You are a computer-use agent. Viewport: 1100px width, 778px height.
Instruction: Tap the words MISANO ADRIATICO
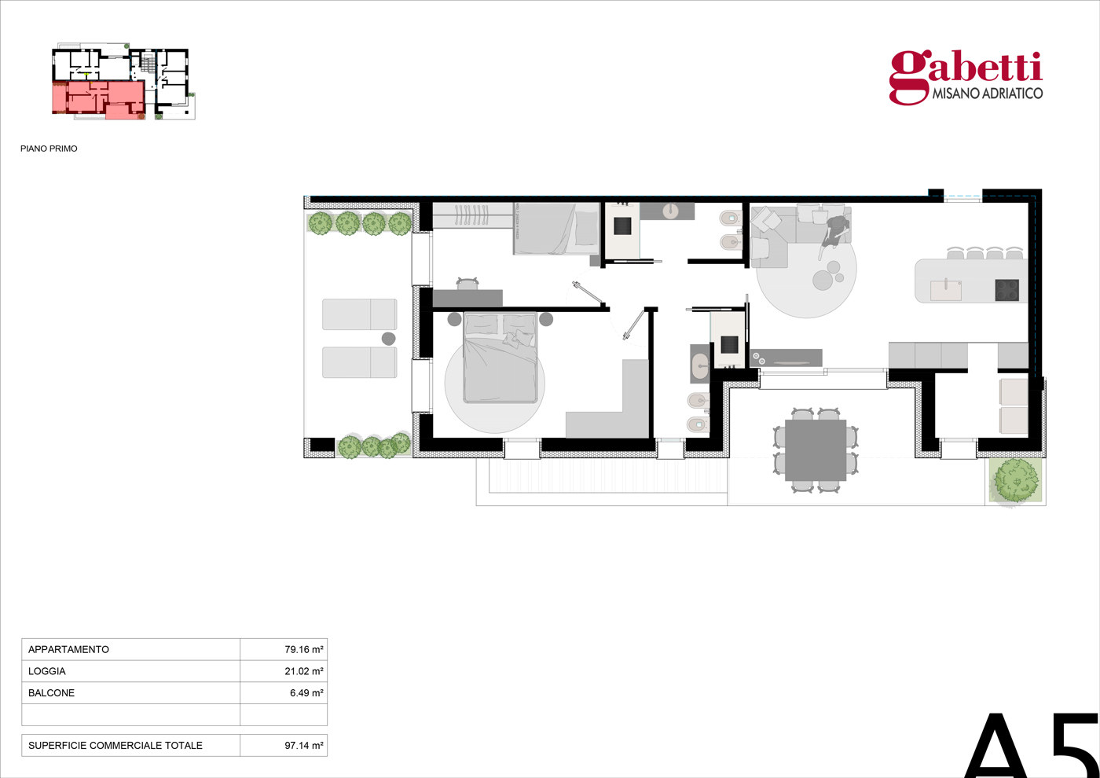[988, 94]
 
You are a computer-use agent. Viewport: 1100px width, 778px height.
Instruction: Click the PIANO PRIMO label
[49, 149]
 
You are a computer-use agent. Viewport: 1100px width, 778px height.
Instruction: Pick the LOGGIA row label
[46, 671]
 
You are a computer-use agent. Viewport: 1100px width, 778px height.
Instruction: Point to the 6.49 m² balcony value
[306, 692]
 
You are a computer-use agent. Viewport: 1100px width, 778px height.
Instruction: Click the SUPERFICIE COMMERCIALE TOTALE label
[115, 745]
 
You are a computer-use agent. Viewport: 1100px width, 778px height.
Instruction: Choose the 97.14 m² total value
[303, 745]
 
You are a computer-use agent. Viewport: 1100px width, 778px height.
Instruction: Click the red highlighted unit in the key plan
[98, 100]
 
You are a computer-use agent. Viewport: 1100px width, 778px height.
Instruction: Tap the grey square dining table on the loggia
[816, 450]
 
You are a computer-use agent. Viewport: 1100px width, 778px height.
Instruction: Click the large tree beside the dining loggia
[1015, 480]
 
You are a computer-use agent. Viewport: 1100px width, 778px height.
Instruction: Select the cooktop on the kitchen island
[1006, 290]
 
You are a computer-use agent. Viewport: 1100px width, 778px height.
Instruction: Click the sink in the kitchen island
[946, 290]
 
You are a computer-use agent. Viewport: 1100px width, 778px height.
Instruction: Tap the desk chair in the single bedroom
[467, 283]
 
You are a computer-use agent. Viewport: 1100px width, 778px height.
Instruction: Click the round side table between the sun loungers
[388, 339]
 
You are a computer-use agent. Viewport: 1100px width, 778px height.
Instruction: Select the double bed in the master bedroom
[500, 358]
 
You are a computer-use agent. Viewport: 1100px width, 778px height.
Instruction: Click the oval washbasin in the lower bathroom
[699, 363]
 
